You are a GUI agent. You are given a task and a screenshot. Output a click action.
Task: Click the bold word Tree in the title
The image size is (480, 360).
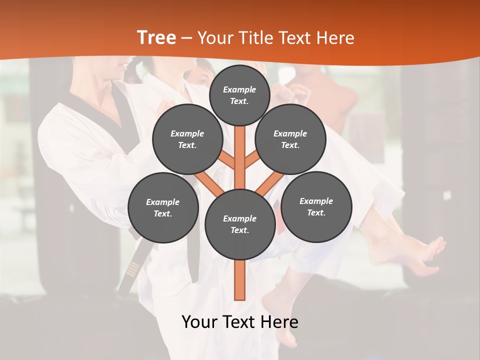156,37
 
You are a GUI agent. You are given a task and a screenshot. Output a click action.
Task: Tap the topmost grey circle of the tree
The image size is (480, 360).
239,95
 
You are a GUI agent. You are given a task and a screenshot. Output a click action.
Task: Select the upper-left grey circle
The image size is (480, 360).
187,139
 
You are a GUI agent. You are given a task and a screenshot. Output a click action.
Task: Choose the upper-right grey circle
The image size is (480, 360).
290,139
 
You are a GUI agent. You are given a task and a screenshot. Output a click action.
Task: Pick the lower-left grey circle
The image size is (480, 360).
162,207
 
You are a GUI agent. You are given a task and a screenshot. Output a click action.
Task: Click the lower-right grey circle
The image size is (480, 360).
316,206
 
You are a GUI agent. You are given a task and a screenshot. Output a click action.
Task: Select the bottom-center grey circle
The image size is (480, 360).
239,224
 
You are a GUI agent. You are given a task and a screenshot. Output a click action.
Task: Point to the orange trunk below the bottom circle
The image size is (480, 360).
240,280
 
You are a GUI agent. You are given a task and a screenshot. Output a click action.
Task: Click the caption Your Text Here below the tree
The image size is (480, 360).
239,322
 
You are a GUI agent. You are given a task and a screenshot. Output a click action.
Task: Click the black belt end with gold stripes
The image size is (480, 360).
131,270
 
